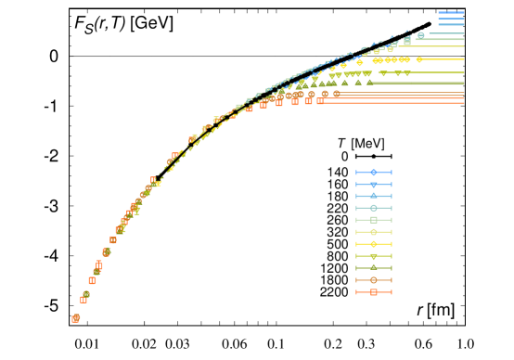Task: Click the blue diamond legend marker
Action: coord(374,173)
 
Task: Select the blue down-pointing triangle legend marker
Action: coord(374,185)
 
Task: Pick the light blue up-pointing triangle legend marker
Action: coord(374,196)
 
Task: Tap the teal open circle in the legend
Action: coord(374,208)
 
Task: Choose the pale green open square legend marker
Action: coord(374,220)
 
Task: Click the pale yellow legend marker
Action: coord(374,232)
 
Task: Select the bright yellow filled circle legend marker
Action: coord(374,244)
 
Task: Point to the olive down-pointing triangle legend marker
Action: coord(374,256)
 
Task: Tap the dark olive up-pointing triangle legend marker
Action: coord(374,267)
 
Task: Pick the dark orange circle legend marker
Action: coord(374,280)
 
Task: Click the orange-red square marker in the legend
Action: coord(374,292)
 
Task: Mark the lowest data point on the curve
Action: coord(76,318)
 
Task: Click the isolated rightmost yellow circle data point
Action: coord(419,59)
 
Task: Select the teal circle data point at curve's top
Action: coord(420,35)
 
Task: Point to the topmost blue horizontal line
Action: coord(451,13)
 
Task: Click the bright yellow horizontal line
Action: coord(445,59)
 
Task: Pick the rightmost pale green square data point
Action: coord(406,41)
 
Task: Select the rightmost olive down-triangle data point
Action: coord(406,73)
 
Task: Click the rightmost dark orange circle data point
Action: coord(337,94)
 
